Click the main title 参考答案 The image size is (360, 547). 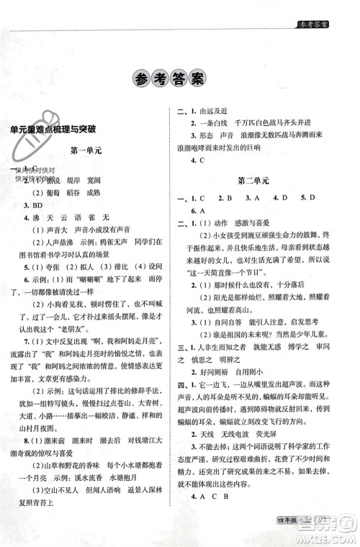pyautogui.click(x=180, y=81)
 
